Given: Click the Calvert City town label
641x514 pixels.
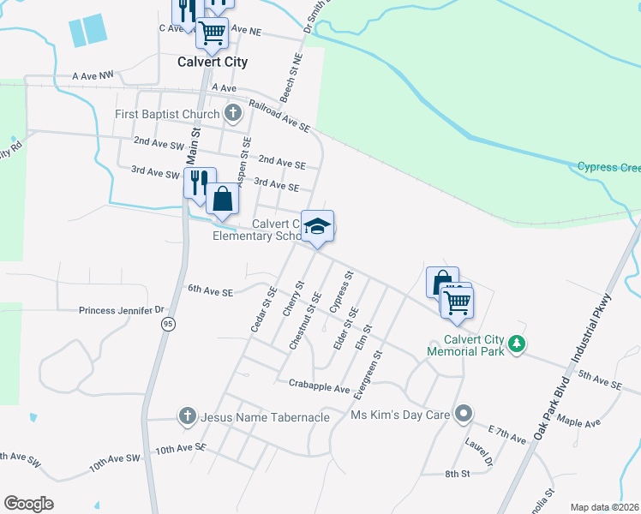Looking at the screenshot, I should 212,62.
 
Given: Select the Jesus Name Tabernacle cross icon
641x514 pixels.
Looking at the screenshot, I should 187,416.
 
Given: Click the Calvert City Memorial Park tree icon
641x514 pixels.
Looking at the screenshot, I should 516,344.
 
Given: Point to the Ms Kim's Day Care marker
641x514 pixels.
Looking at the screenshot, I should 464,415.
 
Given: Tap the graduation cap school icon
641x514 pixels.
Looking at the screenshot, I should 317,226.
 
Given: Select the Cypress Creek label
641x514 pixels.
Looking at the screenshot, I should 608,167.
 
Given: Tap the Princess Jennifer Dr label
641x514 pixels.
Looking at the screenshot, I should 121,310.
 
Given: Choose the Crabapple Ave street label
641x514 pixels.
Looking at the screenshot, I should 320,387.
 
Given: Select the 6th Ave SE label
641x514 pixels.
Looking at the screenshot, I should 210,291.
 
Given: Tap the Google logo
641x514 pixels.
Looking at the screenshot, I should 29,504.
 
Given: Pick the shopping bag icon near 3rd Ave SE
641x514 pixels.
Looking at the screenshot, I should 222,199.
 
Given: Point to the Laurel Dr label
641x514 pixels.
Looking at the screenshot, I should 480,451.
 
